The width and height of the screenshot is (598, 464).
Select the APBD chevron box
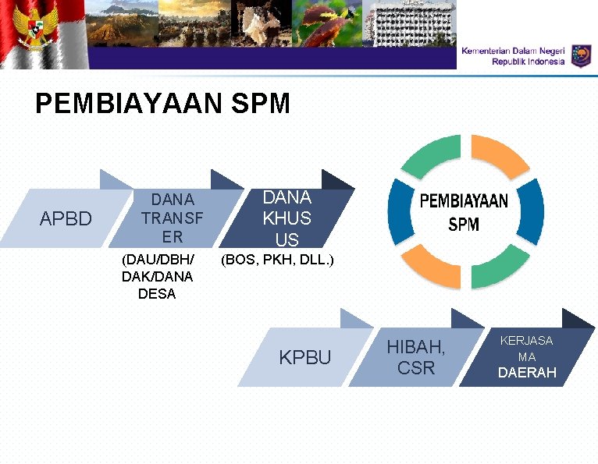[x=66, y=218]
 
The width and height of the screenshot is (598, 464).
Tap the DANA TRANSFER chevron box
[x=172, y=218]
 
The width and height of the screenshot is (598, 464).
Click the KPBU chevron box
[x=305, y=358]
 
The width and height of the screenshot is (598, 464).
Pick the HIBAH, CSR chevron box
[x=415, y=357]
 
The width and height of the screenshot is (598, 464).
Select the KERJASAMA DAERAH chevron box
[x=527, y=357]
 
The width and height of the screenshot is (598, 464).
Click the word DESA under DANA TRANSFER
[x=156, y=294]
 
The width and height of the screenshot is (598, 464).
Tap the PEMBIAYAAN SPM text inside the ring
[x=464, y=213]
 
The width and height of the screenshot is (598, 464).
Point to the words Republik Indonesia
[x=528, y=62]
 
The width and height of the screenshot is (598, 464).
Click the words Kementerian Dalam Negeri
[x=513, y=50]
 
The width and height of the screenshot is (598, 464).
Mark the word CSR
[x=415, y=368]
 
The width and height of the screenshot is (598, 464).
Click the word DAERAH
[x=527, y=373]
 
